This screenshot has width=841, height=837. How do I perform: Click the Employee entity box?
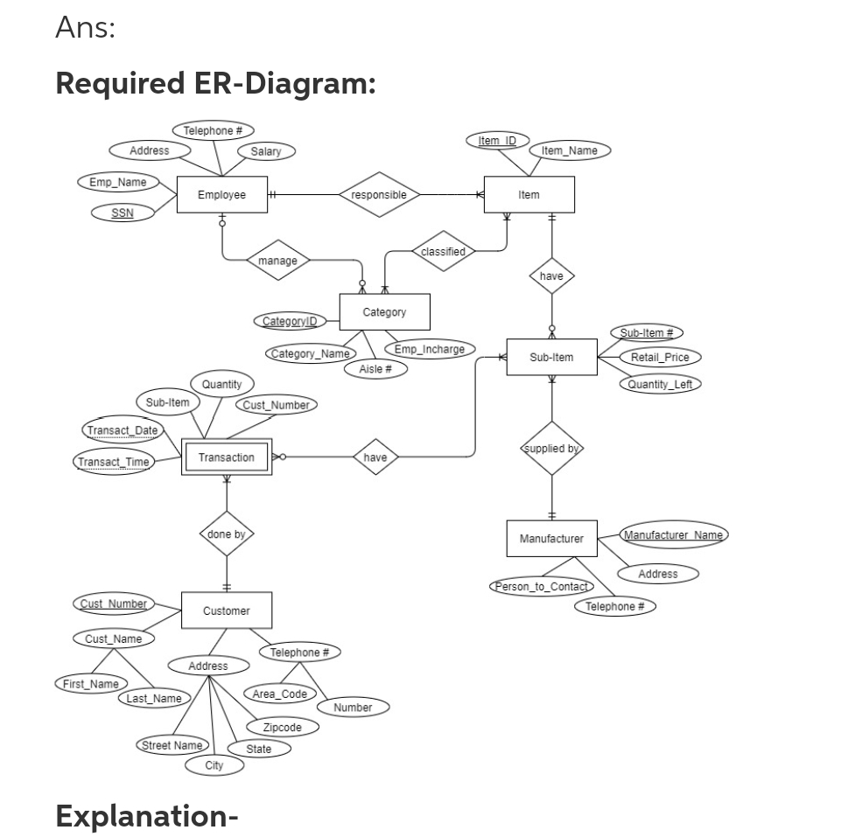(221, 194)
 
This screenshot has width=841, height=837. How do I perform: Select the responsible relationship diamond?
(379, 194)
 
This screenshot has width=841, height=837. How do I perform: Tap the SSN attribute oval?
(123, 213)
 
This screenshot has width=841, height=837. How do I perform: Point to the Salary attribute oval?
(266, 151)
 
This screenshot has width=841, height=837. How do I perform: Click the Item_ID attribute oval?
(497, 141)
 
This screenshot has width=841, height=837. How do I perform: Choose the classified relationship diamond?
(444, 251)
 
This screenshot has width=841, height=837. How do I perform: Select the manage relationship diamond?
(277, 260)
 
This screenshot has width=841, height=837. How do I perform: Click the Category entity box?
(384, 312)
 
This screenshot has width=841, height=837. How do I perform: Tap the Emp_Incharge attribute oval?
(430, 349)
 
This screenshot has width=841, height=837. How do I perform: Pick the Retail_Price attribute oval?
(660, 357)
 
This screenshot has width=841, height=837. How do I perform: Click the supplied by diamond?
(551, 448)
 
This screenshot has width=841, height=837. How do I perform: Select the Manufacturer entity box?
(551, 538)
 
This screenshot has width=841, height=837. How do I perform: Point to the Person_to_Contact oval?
(543, 586)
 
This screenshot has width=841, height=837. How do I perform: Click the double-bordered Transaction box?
(227, 457)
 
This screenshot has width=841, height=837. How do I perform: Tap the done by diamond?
(227, 534)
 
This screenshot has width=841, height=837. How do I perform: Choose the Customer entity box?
(227, 610)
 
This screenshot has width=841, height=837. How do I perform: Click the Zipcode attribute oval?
(282, 727)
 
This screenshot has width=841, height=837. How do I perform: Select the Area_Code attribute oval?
(279, 694)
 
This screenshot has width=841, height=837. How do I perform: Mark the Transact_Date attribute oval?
(123, 429)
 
